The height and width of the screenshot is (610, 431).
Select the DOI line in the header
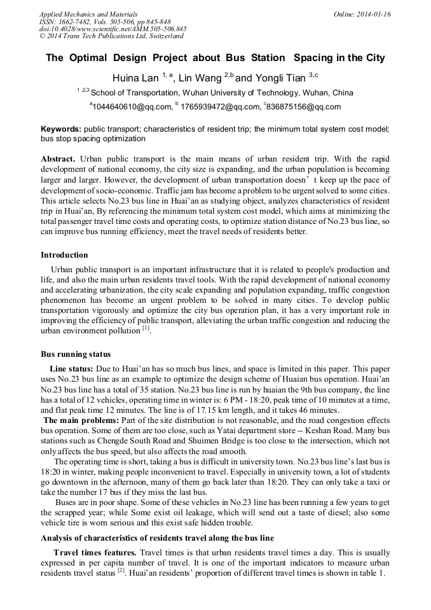pos(113,29)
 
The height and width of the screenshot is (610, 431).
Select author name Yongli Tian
pos(282,78)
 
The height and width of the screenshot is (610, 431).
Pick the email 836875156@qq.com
pos(304,107)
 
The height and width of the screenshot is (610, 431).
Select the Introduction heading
pos(64,255)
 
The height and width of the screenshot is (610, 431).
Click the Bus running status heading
pos(76,354)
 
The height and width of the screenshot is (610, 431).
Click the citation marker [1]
pos(146,329)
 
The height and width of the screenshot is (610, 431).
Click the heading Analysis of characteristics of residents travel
pos(157,538)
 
